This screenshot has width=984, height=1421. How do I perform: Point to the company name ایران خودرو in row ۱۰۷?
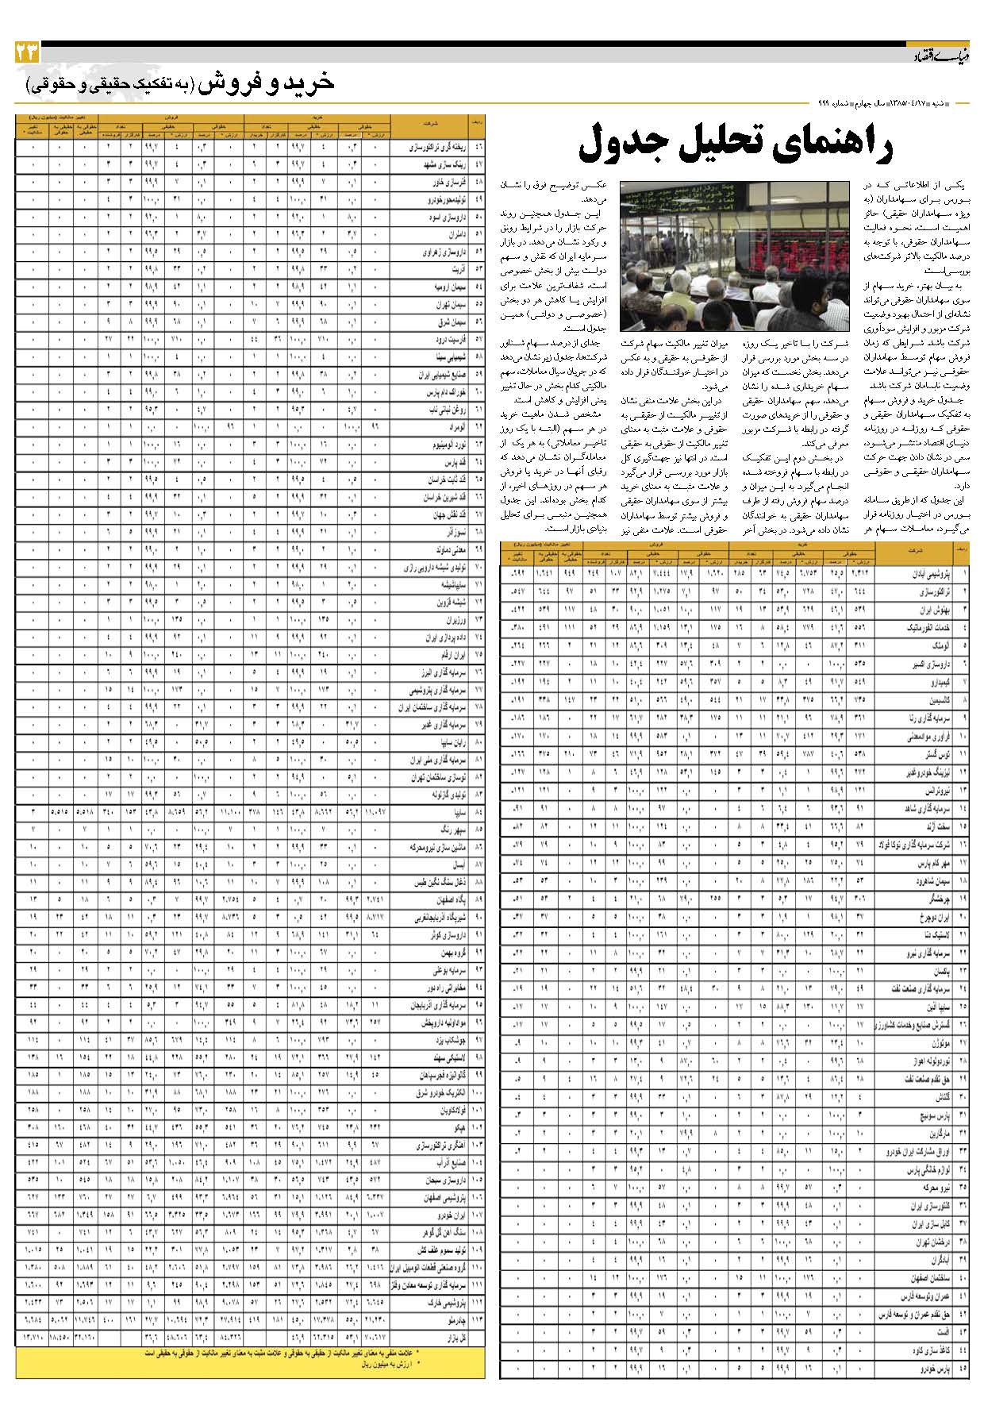point(437,1215)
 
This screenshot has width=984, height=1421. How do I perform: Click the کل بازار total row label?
point(440,1338)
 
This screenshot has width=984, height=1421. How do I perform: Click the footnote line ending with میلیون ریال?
point(388,1365)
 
